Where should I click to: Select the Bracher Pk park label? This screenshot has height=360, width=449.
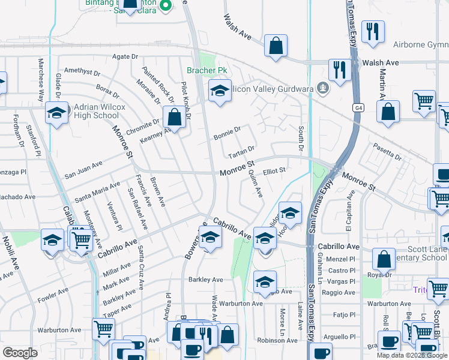(x=207, y=70)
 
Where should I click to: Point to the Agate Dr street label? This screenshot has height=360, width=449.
(x=125, y=56)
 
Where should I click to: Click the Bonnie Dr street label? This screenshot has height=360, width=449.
(x=228, y=130)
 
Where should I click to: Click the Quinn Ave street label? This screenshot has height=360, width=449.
(x=256, y=183)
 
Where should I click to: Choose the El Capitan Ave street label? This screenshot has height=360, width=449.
(x=348, y=211)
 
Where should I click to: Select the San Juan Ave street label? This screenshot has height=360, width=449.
(x=83, y=169)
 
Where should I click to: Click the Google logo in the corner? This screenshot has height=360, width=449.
(x=20, y=352)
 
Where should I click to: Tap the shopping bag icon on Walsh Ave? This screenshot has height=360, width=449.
(x=276, y=47)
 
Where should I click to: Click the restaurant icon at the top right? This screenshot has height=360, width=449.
(x=373, y=32)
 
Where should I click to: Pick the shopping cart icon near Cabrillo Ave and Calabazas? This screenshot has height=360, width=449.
(x=80, y=240)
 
